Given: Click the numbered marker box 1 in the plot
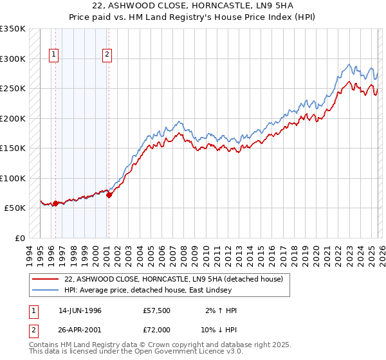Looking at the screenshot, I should [x=55, y=55].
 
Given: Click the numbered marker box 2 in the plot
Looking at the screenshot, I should [x=107, y=55].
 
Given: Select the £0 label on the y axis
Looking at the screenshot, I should [x=20, y=238].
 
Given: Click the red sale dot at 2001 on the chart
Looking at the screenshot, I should [x=109, y=195].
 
